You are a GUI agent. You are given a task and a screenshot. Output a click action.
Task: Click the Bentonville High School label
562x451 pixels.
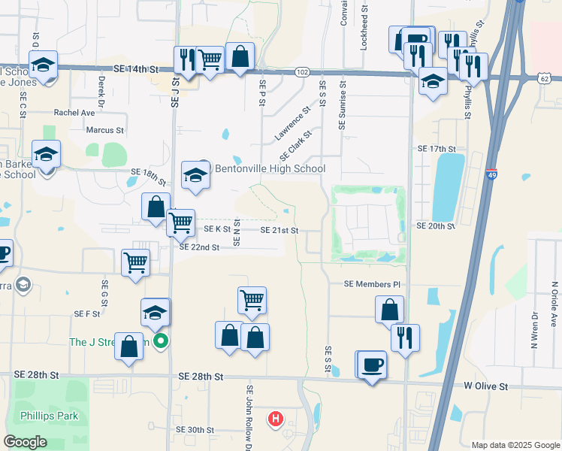pyautogui.click(x=270, y=168)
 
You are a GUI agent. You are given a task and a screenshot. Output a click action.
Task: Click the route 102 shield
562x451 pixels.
pyautogui.click(x=302, y=71)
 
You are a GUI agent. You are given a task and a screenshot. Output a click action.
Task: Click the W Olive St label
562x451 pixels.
pyautogui.click(x=485, y=386)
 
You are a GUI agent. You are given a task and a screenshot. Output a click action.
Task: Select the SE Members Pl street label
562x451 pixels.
pyautogui.click(x=373, y=284)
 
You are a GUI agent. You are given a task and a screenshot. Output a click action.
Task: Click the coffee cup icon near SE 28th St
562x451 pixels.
pyautogui.click(x=372, y=365)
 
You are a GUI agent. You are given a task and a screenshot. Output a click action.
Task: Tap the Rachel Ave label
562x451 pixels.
pyautogui.click(x=74, y=113)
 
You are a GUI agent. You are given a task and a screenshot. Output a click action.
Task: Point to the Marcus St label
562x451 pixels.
pyautogui.click(x=104, y=130)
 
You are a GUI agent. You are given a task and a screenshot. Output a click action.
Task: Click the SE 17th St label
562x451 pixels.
pyautogui.click(x=437, y=149)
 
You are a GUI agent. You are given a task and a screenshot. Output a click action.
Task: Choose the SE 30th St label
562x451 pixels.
pyautogui.click(x=195, y=430)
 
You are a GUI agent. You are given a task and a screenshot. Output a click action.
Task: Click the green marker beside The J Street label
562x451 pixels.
pyautogui.click(x=160, y=342)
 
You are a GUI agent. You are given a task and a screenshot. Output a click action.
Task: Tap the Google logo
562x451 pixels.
pyautogui.click(x=25, y=441)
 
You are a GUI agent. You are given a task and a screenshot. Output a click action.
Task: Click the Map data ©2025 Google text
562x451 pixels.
pyautogui.click(x=515, y=445)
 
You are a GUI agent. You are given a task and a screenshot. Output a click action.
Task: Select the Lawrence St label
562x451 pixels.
pyautogui.click(x=292, y=123)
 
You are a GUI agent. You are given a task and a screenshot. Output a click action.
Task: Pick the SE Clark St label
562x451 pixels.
pyautogui.click(x=295, y=144)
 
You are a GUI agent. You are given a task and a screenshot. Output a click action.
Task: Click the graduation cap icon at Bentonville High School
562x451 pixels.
pyautogui.click(x=195, y=176)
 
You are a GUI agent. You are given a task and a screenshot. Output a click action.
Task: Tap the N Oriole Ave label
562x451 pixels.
pyautogui.click(x=554, y=304)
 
